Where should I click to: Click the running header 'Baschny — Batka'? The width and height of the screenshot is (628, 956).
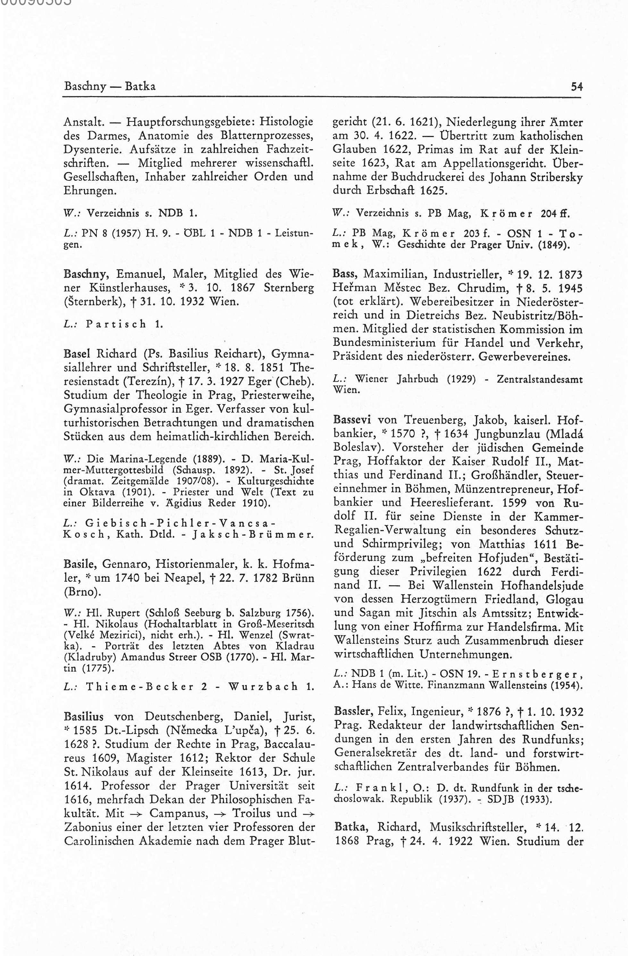click(109, 86)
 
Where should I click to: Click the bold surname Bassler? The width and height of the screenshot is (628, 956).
click(354, 711)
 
